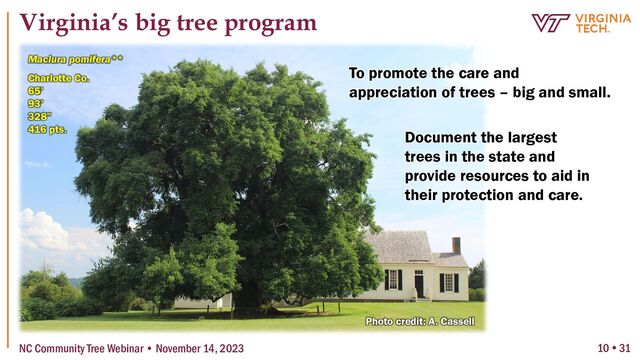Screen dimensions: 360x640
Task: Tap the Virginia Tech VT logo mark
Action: click(x=551, y=23)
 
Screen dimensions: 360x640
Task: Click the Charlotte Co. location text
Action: click(x=59, y=77)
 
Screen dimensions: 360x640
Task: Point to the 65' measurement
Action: click(x=36, y=90)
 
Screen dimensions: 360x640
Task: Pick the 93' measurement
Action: click(x=36, y=103)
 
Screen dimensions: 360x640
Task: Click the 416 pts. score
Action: click(x=47, y=129)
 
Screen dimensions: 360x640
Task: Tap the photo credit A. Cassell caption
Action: click(x=419, y=321)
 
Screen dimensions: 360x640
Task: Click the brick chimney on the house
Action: click(x=456, y=245)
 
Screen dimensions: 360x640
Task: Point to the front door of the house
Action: click(x=419, y=283)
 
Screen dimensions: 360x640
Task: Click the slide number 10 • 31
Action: click(x=614, y=347)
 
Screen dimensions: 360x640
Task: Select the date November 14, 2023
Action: click(x=206, y=347)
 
